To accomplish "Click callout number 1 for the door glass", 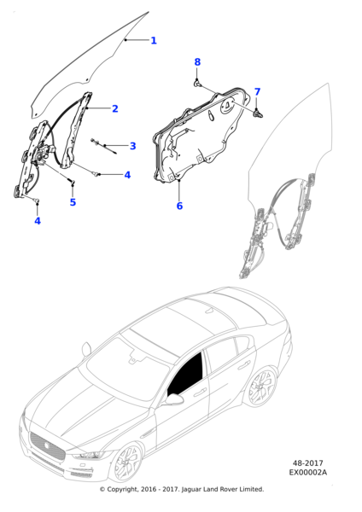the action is [x=154, y=41].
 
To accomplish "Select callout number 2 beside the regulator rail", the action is [x=115, y=108].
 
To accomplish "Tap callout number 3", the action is [x=132, y=146].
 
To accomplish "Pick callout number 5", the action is [x=73, y=202].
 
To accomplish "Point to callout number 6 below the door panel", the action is [x=179, y=206].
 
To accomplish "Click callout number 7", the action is [x=258, y=92].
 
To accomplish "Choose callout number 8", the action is [x=197, y=62].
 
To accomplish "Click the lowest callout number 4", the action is [x=38, y=221].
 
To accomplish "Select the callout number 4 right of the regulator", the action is [x=127, y=175].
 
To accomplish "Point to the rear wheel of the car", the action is [x=262, y=387].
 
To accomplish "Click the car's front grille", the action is [x=47, y=446].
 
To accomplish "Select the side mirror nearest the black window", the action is [x=173, y=399].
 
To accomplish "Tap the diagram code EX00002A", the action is [x=307, y=472].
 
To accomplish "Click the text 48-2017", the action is [x=307, y=463].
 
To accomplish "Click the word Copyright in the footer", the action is [x=122, y=489].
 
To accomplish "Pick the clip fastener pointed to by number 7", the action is [x=258, y=113].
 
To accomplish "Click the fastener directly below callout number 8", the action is [x=197, y=84].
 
